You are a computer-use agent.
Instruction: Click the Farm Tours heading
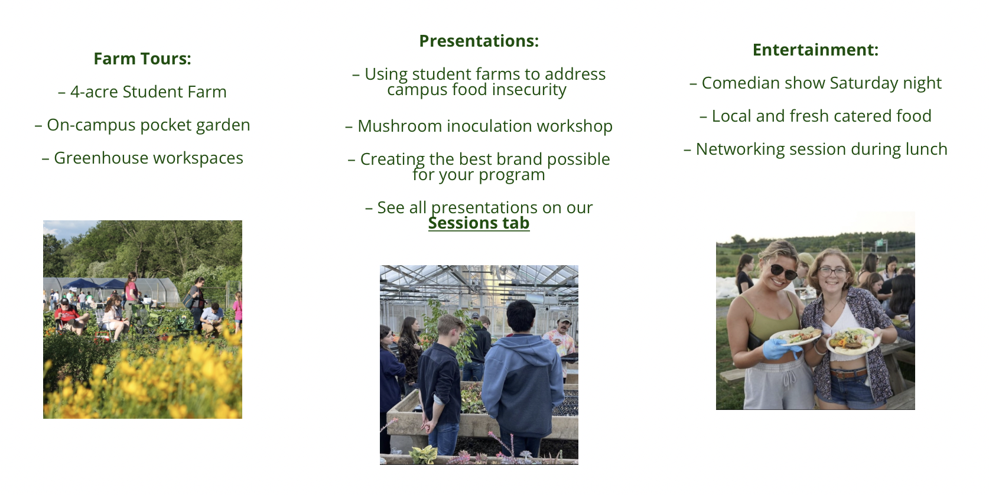pyautogui.click(x=142, y=58)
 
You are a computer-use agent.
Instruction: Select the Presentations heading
pyautogui.click(x=479, y=41)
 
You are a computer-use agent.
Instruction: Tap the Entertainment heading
pyautogui.click(x=815, y=50)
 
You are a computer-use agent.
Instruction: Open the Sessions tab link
pyautogui.click(x=479, y=223)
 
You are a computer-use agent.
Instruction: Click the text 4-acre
pyautogui.click(x=93, y=92)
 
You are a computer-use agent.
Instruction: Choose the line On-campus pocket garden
pyautogui.click(x=142, y=125)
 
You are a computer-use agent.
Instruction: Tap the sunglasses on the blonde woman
pyautogui.click(x=783, y=271)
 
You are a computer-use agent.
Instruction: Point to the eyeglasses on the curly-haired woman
pyautogui.click(x=833, y=271)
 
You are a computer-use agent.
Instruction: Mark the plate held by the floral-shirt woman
pyautogui.click(x=853, y=341)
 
